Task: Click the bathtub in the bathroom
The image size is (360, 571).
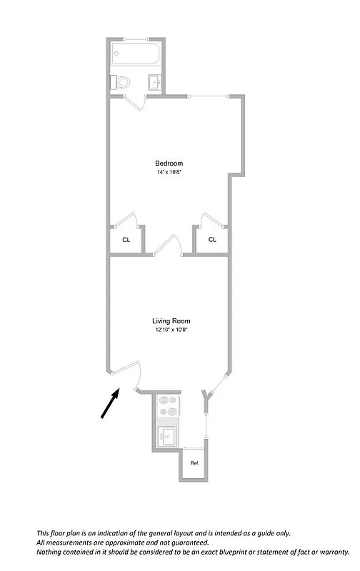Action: [x=134, y=55]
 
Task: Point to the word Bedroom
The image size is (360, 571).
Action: [x=169, y=163]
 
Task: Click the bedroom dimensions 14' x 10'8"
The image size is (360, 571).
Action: [x=169, y=173]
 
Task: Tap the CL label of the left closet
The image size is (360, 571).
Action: [x=126, y=240]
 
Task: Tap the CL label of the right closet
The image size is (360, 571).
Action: [x=212, y=240]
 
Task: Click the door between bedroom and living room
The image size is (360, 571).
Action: [x=169, y=244]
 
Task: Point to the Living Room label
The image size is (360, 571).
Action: [x=171, y=321]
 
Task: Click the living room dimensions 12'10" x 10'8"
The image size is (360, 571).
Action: [x=171, y=330]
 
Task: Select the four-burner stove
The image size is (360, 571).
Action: [x=169, y=406]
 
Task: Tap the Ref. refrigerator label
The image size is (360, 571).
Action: [x=194, y=463]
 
